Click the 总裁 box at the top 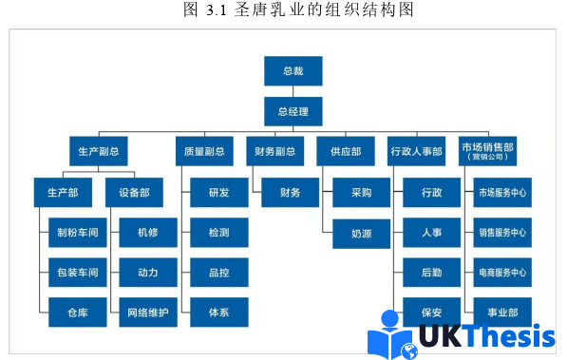293,71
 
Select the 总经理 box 293,111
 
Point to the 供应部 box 346,151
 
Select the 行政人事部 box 415,151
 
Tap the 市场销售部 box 488,151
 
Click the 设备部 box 134,193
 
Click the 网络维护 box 147,312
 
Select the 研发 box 218,193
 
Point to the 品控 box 218,273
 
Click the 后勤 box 431,273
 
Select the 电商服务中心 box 502,273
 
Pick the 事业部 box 502,312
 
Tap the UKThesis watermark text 486,337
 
